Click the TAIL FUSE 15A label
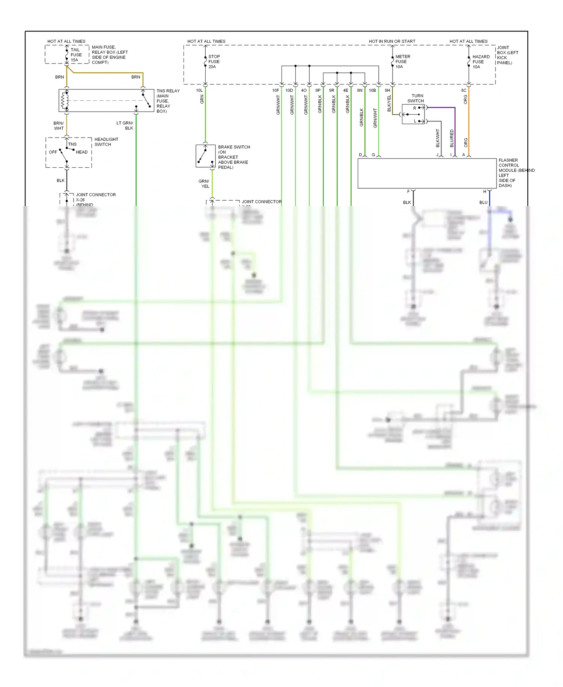[x=76, y=55]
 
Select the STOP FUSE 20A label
[x=214, y=62]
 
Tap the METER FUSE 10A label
[x=402, y=62]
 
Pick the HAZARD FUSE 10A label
[x=481, y=62]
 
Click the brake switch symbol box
[x=205, y=156]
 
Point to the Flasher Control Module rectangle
[x=427, y=173]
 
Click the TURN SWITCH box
[x=413, y=114]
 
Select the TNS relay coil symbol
[x=65, y=100]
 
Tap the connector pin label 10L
[x=199, y=91]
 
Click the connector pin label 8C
[x=464, y=91]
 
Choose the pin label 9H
[x=387, y=91]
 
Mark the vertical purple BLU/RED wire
[x=455, y=132]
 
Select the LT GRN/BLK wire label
[x=125, y=126]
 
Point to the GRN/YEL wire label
[x=204, y=184]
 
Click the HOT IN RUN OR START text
[x=392, y=41]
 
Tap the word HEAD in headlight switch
[x=81, y=152]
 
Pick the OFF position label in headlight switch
[x=53, y=152]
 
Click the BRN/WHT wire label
[x=59, y=126]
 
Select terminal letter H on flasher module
[x=485, y=192]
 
